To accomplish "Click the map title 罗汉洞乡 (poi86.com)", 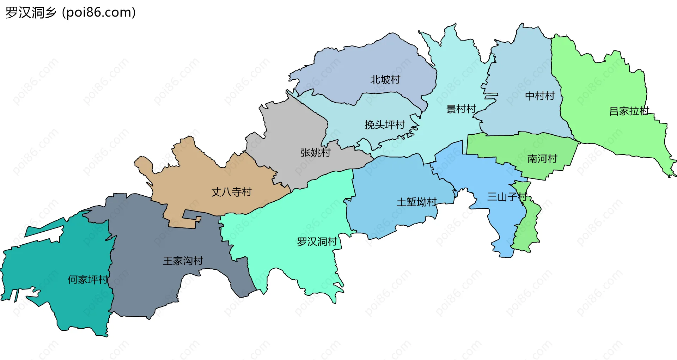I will coord(71,13).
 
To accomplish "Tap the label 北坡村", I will coord(385,80).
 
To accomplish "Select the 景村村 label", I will coord(461,109).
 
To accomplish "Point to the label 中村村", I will coord(539,96).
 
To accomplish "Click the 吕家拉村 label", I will coord(629,111).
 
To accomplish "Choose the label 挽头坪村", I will coord(384,125).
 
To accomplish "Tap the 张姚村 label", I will coord(315,153).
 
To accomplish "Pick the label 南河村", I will coord(542,159).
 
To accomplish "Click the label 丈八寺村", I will coord(231,192).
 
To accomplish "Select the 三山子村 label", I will coord(507,197).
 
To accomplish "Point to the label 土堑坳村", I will coord(416,202).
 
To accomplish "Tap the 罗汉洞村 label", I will coord(317,242).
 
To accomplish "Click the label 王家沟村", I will coord(183,261).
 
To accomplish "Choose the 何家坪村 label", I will coord(88,280).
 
